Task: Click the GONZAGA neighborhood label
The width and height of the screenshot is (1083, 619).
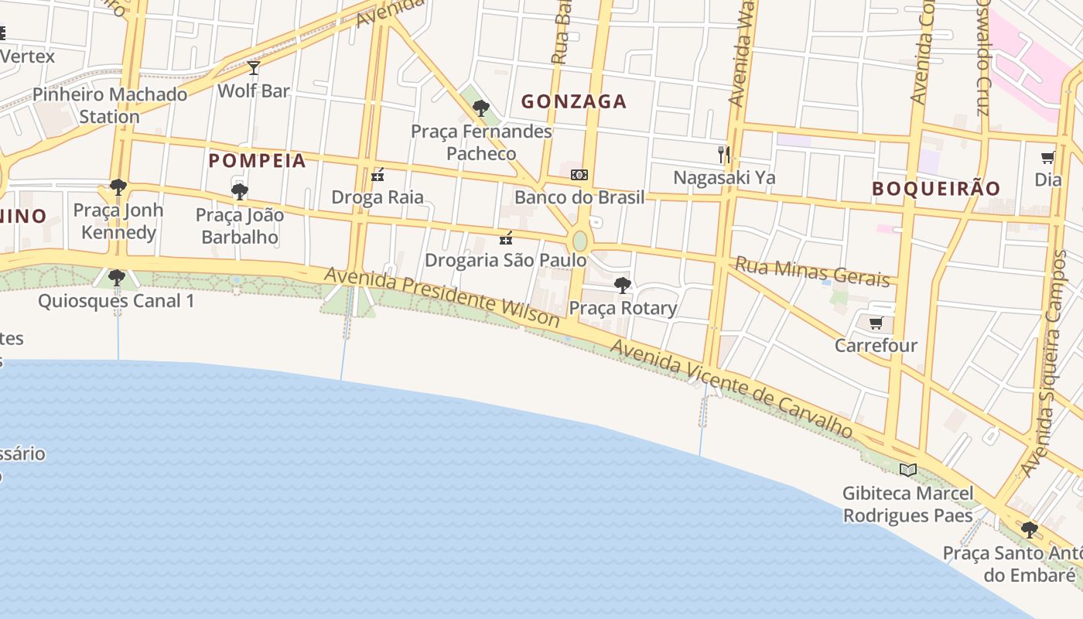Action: (x=573, y=101)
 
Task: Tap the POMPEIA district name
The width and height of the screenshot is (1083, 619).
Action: (x=258, y=161)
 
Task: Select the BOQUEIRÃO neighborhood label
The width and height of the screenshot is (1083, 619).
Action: (x=936, y=188)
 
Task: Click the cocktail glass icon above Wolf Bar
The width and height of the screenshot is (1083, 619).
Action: (x=253, y=68)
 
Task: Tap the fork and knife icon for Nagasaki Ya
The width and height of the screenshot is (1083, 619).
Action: (x=723, y=155)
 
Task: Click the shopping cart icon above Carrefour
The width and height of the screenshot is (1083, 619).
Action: (x=876, y=323)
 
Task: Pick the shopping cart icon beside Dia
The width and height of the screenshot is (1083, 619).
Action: (x=1047, y=158)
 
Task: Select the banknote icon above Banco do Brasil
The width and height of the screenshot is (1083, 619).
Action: (x=579, y=175)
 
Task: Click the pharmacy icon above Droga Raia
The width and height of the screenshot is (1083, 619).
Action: (x=378, y=175)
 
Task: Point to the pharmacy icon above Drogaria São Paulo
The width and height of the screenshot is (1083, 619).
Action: (x=506, y=238)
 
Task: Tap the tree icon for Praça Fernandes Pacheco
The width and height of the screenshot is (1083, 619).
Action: (x=480, y=108)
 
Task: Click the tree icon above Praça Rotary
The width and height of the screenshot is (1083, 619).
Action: (x=622, y=286)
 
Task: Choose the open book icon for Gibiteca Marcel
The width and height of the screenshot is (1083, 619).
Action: (x=907, y=470)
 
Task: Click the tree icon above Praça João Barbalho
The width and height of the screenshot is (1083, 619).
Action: (x=239, y=191)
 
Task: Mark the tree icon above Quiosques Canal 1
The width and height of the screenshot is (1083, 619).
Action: (x=117, y=277)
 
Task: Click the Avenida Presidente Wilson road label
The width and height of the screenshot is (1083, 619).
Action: (x=442, y=297)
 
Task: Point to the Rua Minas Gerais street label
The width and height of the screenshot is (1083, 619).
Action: (x=811, y=271)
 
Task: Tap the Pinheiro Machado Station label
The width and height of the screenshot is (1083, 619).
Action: (x=110, y=105)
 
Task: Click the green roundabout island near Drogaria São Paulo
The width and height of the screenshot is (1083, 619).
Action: (x=579, y=241)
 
